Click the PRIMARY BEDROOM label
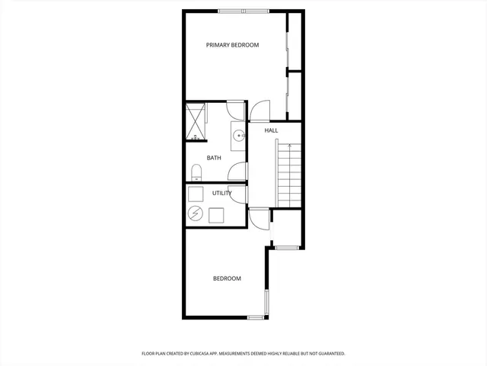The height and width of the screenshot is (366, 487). pyautogui.click(x=232, y=45)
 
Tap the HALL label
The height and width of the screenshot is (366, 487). pyautogui.click(x=271, y=130)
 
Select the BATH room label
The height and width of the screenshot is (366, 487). pyautogui.click(x=214, y=158)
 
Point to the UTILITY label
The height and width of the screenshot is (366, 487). pyautogui.click(x=222, y=193)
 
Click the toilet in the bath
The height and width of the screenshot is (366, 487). pyautogui.click(x=196, y=172)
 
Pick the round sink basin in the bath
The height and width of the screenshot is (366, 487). pyautogui.click(x=238, y=136)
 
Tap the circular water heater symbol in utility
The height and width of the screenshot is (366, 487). pyautogui.click(x=196, y=214)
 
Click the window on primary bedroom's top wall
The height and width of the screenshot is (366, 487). pyautogui.click(x=243, y=11)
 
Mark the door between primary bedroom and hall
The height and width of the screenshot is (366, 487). pyautogui.click(x=260, y=112)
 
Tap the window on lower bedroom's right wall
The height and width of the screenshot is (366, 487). pyautogui.click(x=266, y=303)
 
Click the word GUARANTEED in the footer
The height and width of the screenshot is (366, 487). pyautogui.click(x=329, y=354)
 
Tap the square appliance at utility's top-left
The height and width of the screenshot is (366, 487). pyautogui.click(x=195, y=194)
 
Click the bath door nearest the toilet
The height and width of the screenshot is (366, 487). pyautogui.click(x=237, y=172)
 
